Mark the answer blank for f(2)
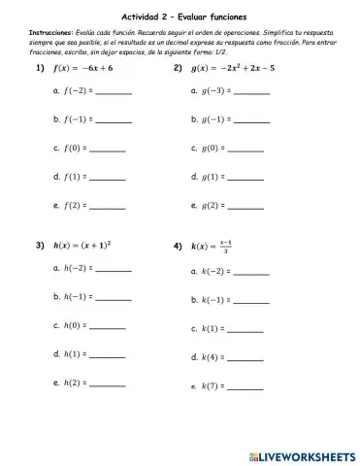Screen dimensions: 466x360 (x=108, y=206)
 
